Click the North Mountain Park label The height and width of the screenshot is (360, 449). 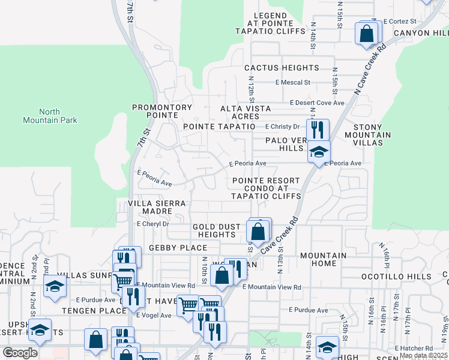click(x=58, y=116)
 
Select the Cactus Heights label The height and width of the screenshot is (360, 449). click(x=281, y=68)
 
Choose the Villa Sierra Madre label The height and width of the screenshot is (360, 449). click(x=157, y=208)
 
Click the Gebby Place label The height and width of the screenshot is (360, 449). click(x=178, y=248)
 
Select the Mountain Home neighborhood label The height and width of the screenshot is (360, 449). click(x=323, y=260)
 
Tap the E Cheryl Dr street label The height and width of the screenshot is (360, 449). click(x=153, y=223)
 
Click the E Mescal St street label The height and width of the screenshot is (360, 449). click(x=293, y=82)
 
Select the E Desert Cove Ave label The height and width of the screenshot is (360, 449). click(x=317, y=103)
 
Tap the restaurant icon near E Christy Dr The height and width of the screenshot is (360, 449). click(x=318, y=129)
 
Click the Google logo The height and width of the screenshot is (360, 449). click(x=20, y=352)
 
